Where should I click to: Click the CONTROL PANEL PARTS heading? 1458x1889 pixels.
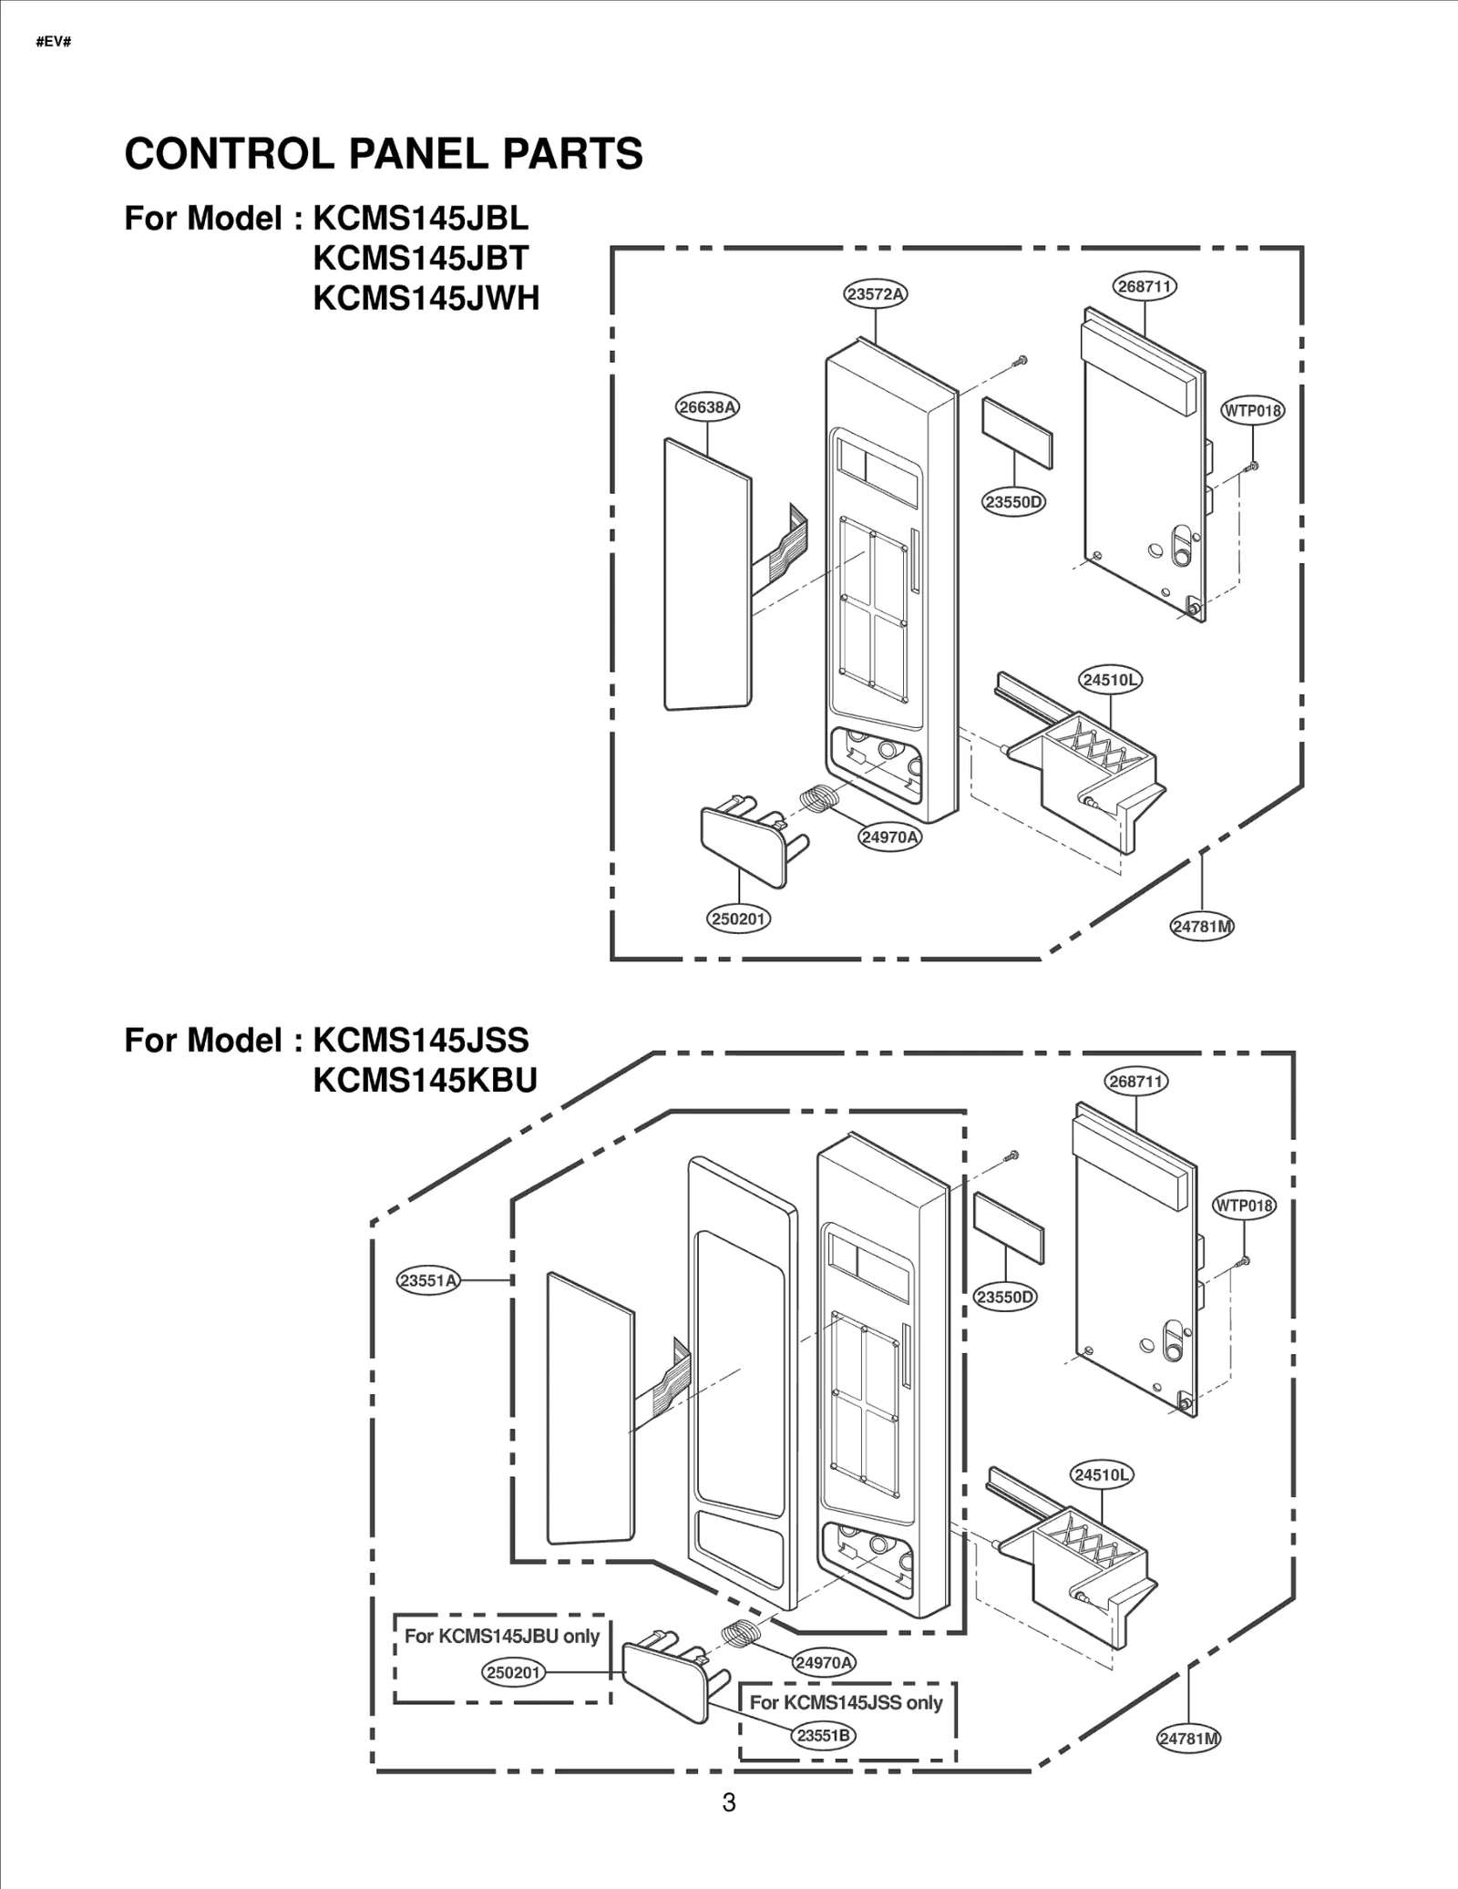(383, 154)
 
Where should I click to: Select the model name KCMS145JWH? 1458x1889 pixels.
(426, 298)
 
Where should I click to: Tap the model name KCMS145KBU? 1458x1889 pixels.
(425, 1080)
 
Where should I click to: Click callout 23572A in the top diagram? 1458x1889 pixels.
(875, 293)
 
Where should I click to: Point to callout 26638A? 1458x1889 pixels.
(707, 407)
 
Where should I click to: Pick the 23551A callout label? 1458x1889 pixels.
(428, 1280)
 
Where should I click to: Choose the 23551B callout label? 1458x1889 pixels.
(823, 1735)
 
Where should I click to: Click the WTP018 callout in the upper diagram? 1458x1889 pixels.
(1252, 410)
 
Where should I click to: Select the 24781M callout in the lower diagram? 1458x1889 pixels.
(1188, 1738)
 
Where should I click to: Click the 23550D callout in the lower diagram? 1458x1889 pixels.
(1005, 1297)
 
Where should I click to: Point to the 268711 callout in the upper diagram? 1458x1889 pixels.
(1144, 286)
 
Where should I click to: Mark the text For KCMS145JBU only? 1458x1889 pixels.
(501, 1636)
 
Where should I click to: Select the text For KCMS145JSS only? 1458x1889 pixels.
(846, 1702)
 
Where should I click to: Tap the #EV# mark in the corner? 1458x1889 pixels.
(54, 42)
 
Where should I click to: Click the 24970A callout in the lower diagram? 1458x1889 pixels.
(823, 1662)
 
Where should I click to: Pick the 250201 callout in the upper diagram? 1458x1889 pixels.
(738, 919)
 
